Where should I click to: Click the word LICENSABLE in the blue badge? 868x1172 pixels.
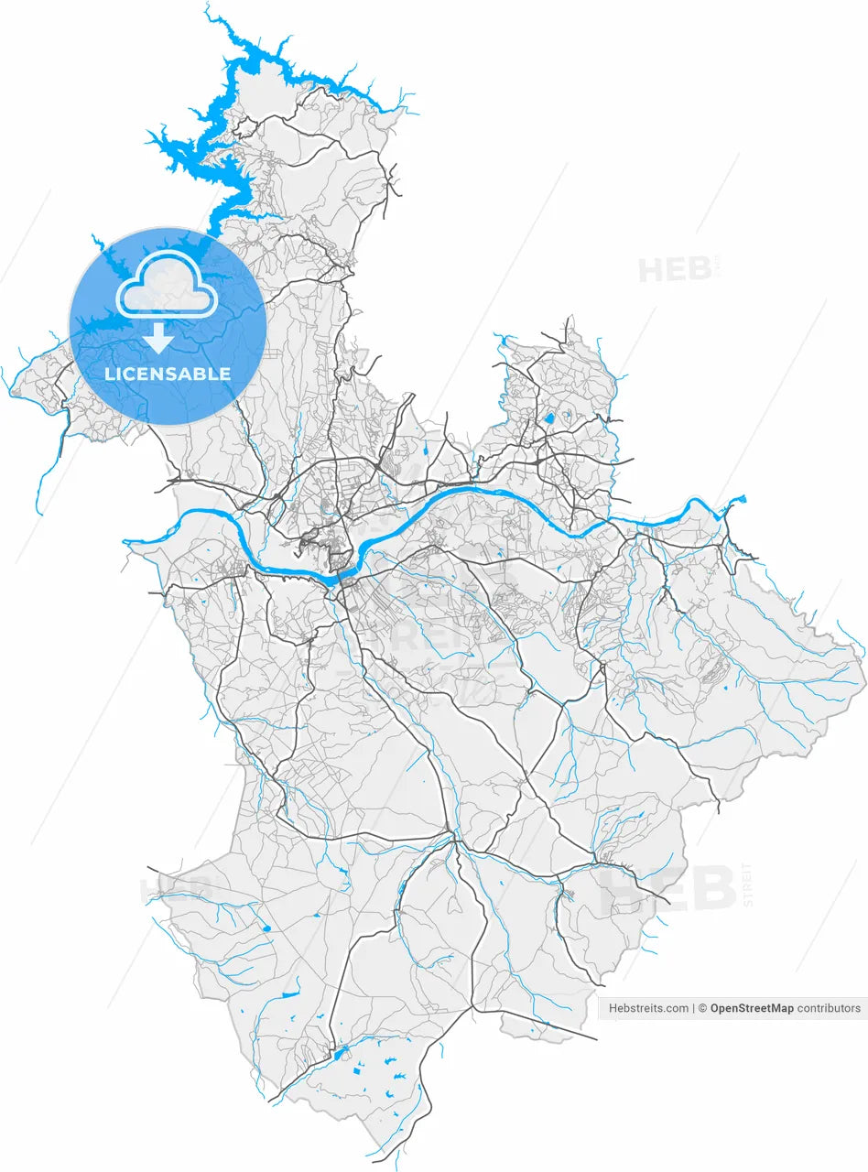pos(168,374)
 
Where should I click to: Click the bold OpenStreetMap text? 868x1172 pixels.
pos(752,1008)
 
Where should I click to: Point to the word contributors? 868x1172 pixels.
pos(829,1008)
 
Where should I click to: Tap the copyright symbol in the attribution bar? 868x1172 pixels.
pos(703,1008)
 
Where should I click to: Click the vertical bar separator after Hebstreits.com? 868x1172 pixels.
pos(693,1008)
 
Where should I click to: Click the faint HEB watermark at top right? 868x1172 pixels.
pos(675,270)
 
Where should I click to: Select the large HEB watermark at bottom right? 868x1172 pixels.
pos(668,889)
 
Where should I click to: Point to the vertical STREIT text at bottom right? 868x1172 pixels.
pos(747,884)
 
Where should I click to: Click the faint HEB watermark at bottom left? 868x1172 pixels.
pos(175,889)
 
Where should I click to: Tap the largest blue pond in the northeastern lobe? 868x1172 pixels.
pos(548,418)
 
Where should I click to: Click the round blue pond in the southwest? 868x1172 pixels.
pos(267,929)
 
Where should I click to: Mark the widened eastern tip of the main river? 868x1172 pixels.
pos(736,500)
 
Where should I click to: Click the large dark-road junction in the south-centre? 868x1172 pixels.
pos(453,838)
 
